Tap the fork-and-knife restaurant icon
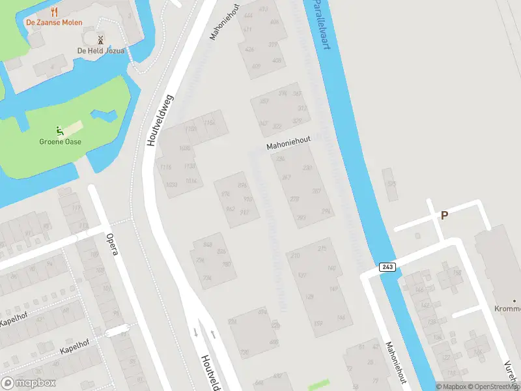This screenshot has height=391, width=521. point(54,11)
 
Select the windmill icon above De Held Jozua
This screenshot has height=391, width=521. point(100,40)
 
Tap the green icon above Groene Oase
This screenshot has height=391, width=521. point(60,130)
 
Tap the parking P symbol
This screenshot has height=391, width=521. point(445,215)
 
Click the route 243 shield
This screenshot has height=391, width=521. point(387,267)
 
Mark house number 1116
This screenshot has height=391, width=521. point(165,167)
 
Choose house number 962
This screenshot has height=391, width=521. point(229,209)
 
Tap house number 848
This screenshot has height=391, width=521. point(208,244)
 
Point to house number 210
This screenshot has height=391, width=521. point(296,255)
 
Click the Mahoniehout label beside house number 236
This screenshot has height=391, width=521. point(289,143)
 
